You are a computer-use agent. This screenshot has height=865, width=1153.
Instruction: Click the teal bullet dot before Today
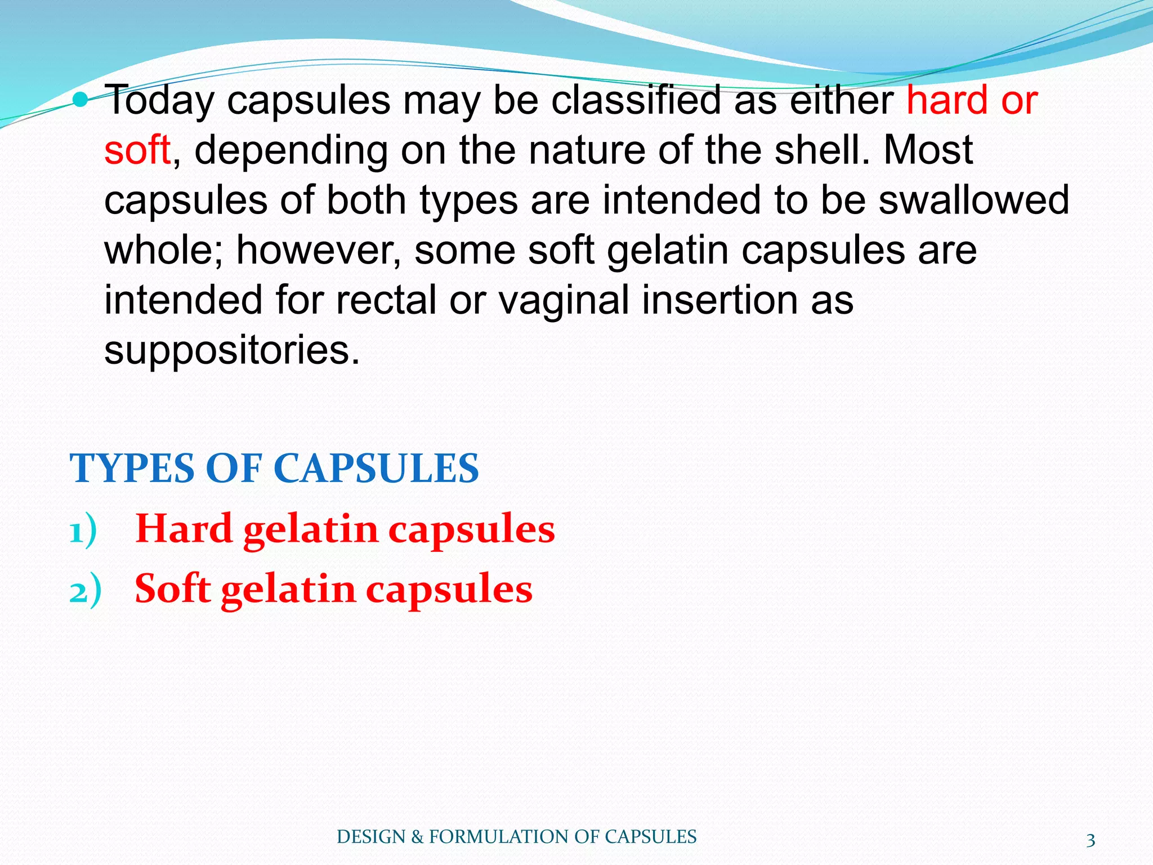81,100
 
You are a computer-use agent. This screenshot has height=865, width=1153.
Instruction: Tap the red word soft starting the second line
137,150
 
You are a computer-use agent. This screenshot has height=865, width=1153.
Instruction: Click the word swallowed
973,200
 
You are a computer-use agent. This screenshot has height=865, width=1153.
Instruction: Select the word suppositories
231,350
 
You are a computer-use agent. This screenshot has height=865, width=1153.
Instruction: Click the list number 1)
83,531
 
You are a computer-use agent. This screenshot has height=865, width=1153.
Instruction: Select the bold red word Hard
184,529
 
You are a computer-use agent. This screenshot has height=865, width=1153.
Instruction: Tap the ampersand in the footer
417,837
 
